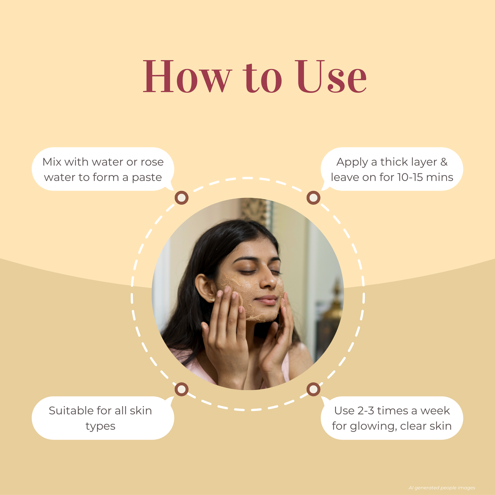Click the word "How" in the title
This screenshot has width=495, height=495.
(187, 76)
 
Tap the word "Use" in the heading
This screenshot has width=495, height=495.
(331, 76)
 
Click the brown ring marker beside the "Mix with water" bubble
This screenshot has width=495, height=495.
(182, 198)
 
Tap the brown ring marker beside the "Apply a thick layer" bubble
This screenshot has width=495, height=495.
(313, 198)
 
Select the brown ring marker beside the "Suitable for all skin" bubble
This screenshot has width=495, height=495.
(182, 389)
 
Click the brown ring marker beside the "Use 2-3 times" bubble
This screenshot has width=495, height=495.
(313, 389)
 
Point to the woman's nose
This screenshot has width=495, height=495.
(268, 280)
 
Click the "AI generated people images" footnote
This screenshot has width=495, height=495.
(442, 487)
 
